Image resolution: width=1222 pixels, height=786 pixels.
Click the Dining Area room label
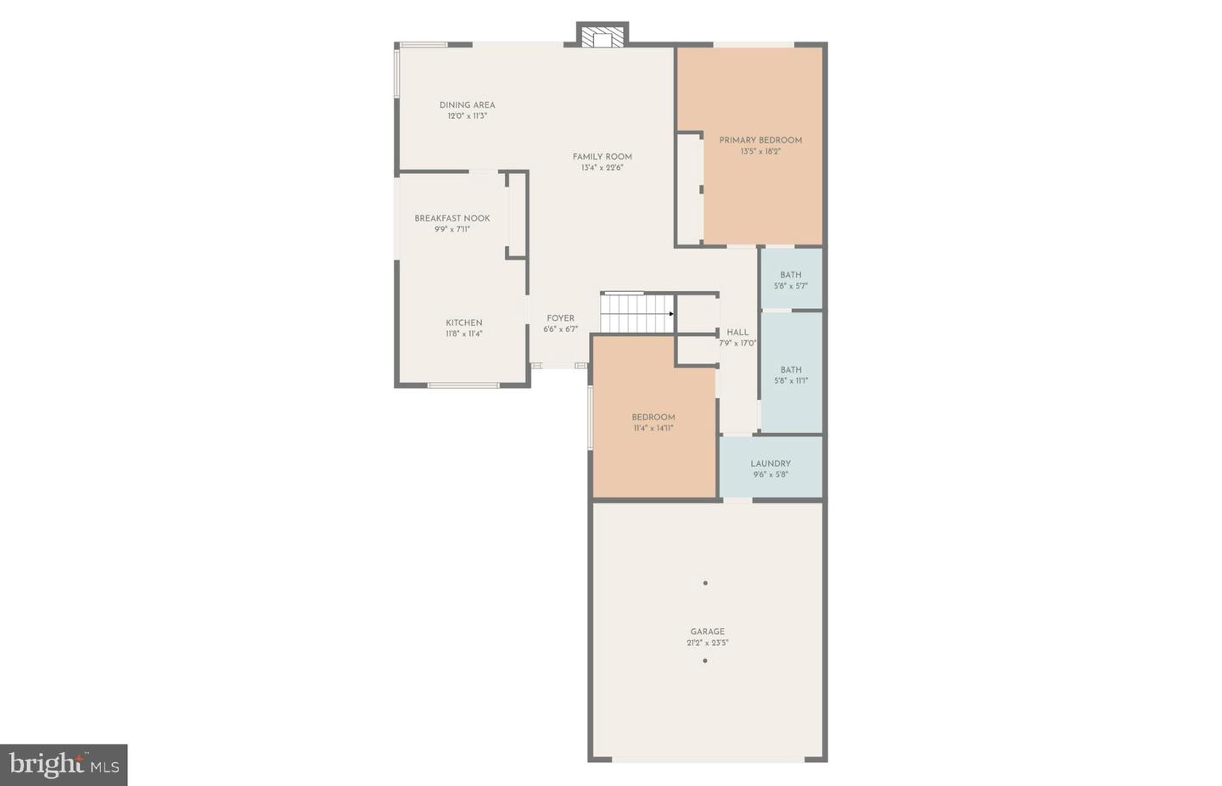(x=467, y=105)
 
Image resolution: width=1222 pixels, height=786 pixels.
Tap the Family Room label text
(x=602, y=157)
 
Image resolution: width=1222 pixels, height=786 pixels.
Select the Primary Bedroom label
(x=760, y=140)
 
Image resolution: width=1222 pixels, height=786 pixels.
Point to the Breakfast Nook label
(x=452, y=218)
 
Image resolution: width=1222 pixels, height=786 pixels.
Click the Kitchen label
(x=464, y=323)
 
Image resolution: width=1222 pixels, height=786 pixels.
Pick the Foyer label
(x=560, y=318)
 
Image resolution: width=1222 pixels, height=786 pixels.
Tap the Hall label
(x=737, y=333)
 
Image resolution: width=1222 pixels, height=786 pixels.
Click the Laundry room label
(x=771, y=463)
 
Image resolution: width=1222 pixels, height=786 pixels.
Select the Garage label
(x=707, y=632)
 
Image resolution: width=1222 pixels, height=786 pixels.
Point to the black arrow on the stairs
(x=671, y=314)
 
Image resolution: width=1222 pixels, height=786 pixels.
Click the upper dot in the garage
(x=705, y=583)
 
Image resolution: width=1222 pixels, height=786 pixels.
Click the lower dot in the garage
(x=705, y=660)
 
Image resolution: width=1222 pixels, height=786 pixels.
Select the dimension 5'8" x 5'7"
(x=791, y=286)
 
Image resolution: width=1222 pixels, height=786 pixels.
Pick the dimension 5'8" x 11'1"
(x=791, y=381)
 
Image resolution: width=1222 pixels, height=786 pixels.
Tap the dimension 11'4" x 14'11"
(x=653, y=429)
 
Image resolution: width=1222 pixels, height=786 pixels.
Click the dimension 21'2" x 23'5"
(x=707, y=643)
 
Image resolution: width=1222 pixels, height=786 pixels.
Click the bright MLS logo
(x=64, y=765)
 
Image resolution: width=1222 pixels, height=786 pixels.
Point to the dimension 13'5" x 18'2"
(x=760, y=152)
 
